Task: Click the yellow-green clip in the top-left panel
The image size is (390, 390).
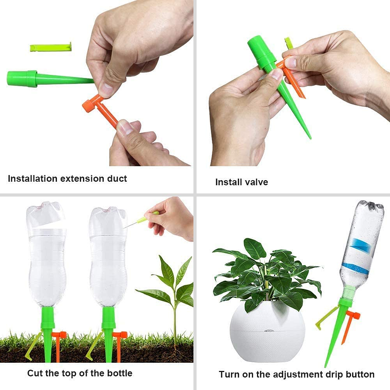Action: [x=50, y=48]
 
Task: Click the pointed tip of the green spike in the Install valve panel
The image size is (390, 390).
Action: [x=309, y=137]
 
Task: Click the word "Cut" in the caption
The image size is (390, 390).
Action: [x=35, y=373]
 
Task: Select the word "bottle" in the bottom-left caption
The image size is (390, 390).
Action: [x=119, y=373]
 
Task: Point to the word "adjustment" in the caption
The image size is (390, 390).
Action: [x=287, y=375]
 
